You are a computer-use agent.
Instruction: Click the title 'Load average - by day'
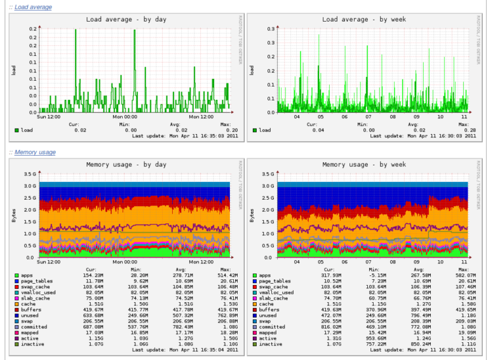pyautogui.click(x=126, y=19)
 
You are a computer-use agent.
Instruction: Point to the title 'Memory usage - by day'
pyautogui.click(x=126, y=164)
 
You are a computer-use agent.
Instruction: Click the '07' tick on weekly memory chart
pyautogui.click(x=369, y=261)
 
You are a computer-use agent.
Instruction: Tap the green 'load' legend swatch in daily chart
pyautogui.click(x=17, y=130)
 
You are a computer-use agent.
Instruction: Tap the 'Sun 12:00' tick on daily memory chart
pyautogui.click(x=48, y=261)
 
